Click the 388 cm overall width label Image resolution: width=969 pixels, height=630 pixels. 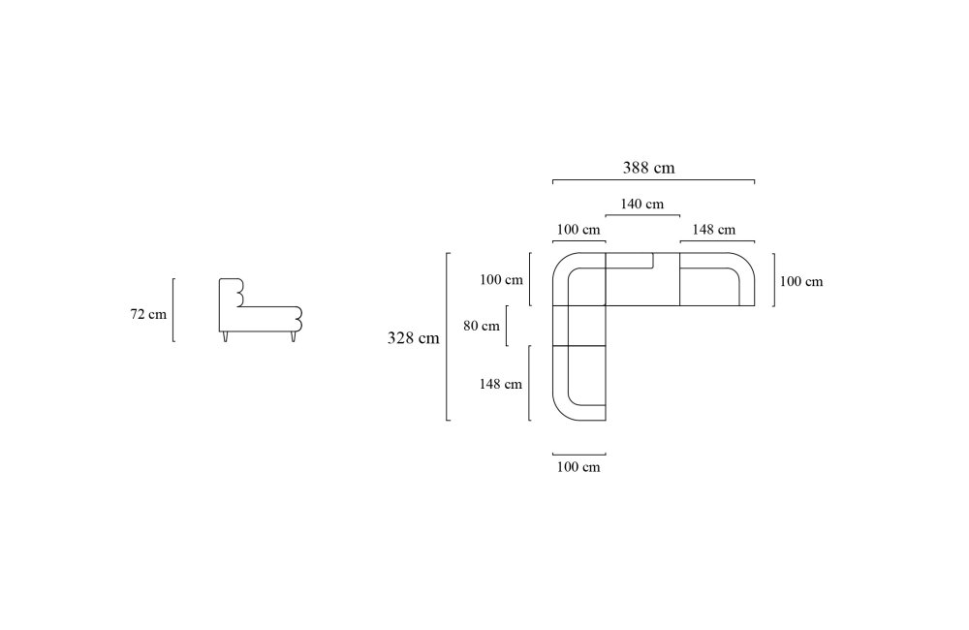click(648, 168)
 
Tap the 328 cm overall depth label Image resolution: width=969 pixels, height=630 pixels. click(413, 338)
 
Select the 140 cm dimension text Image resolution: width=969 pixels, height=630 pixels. click(642, 205)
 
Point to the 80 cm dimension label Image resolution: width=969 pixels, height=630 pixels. click(482, 326)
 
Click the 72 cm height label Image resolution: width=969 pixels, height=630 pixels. click(148, 314)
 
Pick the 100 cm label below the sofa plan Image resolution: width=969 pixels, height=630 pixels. click(578, 467)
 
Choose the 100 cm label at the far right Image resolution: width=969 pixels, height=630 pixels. click(801, 281)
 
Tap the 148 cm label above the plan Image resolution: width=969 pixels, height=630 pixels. click(714, 230)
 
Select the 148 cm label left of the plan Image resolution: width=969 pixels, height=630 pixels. click(501, 384)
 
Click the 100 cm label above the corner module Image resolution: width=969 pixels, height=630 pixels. click(578, 230)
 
